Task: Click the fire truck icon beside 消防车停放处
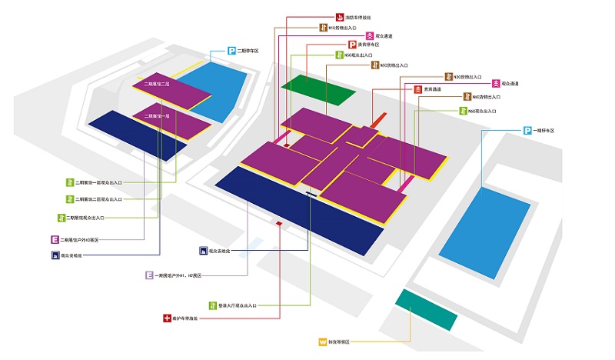pyautogui.click(x=339, y=16)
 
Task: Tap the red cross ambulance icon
pyautogui.click(x=166, y=317)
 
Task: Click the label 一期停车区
pyautogui.click(x=544, y=131)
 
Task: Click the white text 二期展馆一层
pyautogui.click(x=156, y=115)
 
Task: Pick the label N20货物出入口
pyautogui.click(x=467, y=77)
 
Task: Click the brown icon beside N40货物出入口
pyautogui.click(x=466, y=98)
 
